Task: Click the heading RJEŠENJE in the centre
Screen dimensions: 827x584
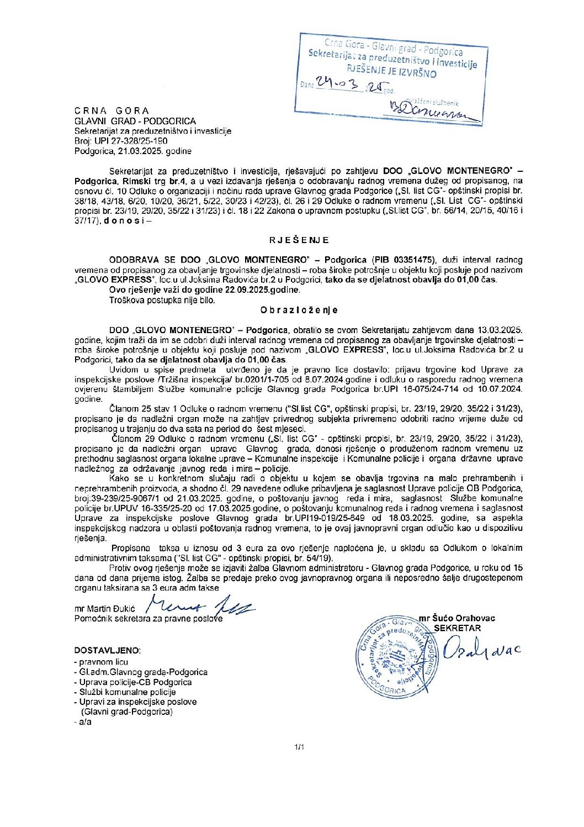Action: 299,240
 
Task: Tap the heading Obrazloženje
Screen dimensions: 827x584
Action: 299,310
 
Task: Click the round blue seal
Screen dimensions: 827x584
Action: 396,656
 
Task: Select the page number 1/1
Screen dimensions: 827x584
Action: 299,747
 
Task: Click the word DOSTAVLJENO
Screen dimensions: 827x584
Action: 107,650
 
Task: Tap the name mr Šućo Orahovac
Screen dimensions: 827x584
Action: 457,618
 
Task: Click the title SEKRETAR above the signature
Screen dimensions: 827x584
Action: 457,628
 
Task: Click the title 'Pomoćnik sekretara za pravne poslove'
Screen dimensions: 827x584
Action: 148,619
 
